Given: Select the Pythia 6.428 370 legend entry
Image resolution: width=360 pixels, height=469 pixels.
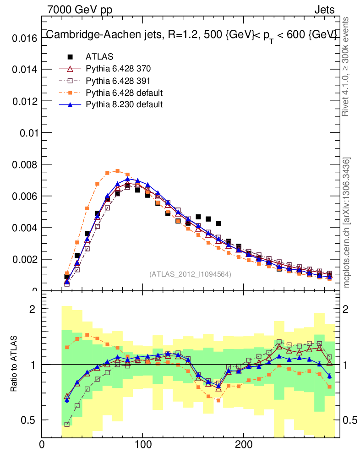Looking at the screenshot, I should pos(118,69).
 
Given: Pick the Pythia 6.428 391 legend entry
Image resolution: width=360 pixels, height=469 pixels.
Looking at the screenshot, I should pos(118,81).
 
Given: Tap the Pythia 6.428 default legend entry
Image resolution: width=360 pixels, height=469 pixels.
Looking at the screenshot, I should pos(124,93).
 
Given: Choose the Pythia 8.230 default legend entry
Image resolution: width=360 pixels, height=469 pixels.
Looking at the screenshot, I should pos(124,104).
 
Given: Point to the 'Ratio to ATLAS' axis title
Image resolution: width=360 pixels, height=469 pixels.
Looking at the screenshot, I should pos(15,364).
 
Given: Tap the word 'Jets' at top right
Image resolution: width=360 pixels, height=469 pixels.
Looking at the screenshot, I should pos(324,9).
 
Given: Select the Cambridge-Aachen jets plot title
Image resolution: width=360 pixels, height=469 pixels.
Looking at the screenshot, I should pos(191,35).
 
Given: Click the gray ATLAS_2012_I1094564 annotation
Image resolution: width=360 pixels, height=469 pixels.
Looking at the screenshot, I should pos(190,274).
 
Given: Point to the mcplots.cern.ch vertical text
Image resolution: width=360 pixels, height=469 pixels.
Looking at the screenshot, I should pos(347,223).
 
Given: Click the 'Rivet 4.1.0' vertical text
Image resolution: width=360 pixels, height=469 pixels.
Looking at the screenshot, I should pos(347,66).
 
